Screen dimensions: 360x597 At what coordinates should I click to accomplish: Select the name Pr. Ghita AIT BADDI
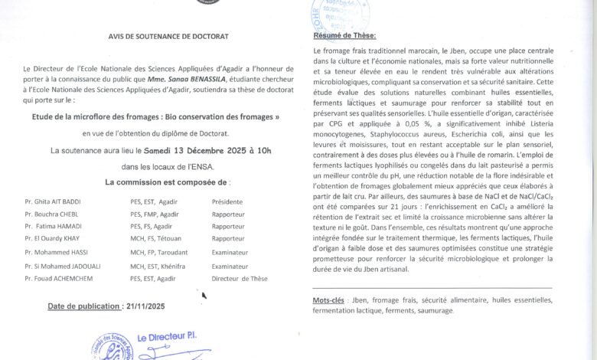54,201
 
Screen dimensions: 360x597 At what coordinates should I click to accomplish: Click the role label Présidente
227,201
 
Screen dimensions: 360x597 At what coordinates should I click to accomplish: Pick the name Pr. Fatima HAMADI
54,227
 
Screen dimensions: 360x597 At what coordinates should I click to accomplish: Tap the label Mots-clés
329,302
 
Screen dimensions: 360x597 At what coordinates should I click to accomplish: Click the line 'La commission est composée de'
166,182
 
